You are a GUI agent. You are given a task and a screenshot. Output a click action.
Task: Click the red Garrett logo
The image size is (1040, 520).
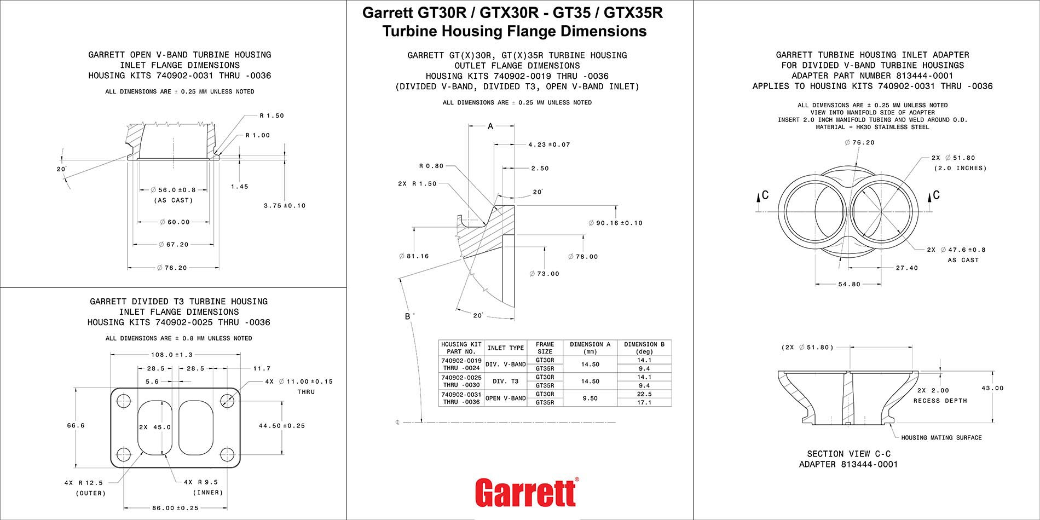[526, 492]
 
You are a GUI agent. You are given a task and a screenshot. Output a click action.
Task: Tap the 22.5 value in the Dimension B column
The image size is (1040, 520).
[644, 394]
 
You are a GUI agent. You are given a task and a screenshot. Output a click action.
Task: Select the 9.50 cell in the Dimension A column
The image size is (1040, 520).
[590, 398]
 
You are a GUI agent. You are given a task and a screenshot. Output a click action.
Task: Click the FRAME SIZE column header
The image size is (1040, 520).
[545, 348]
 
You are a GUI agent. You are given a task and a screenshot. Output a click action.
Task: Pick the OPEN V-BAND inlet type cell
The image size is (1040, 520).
[506, 398]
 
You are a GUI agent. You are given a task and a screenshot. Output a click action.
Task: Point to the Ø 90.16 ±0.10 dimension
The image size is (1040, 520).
[615, 223]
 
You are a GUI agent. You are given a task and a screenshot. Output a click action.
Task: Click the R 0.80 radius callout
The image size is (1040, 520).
[431, 166]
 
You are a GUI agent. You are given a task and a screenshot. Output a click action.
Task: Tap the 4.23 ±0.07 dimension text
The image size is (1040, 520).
[549, 145]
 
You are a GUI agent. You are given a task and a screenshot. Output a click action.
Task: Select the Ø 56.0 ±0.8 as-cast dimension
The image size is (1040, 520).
[173, 190]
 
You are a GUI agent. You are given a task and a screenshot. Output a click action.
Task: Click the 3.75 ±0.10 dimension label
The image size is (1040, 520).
[285, 206]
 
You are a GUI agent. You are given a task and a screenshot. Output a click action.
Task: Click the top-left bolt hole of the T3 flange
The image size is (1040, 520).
[124, 399]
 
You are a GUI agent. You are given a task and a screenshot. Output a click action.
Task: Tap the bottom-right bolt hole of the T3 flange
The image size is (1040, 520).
[227, 454]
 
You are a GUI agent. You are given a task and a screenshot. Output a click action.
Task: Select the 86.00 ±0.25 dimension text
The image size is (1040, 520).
[175, 508]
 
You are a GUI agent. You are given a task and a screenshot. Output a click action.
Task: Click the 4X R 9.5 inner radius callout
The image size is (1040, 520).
[201, 482]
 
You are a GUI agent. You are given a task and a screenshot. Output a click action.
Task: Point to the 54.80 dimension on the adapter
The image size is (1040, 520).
[849, 285]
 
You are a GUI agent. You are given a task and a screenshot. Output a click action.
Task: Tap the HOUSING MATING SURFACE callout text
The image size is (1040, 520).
[941, 437]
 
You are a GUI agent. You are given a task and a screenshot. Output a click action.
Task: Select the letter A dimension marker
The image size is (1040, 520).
[490, 126]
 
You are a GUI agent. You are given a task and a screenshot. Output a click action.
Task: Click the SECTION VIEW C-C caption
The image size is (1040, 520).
[848, 454]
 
